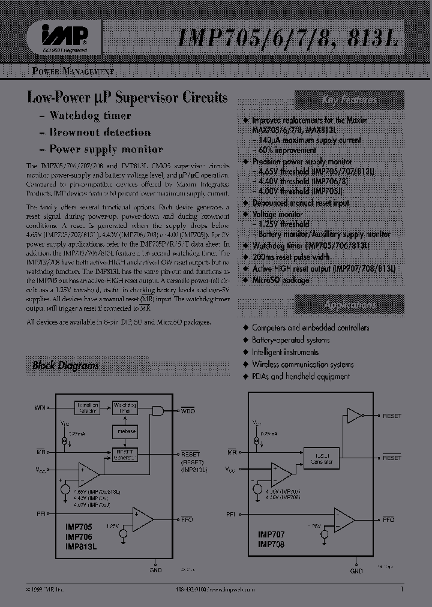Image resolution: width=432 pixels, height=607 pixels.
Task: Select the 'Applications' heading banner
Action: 349,305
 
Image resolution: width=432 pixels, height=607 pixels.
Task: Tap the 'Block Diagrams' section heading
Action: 65,365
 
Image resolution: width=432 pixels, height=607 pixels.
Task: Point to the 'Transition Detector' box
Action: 88,408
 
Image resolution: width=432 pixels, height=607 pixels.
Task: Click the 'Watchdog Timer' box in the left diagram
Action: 125,408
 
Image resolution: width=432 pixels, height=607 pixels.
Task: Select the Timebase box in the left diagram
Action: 125,431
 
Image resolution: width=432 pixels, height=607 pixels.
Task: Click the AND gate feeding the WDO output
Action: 159,411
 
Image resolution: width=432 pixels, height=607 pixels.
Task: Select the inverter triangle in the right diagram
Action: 355,416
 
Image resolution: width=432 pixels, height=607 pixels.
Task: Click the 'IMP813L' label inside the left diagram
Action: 80,546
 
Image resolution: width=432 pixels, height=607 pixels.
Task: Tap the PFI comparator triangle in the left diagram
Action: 143,519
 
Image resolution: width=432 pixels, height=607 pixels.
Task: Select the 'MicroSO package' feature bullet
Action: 280,280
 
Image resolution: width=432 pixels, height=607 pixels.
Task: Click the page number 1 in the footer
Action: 401,590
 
